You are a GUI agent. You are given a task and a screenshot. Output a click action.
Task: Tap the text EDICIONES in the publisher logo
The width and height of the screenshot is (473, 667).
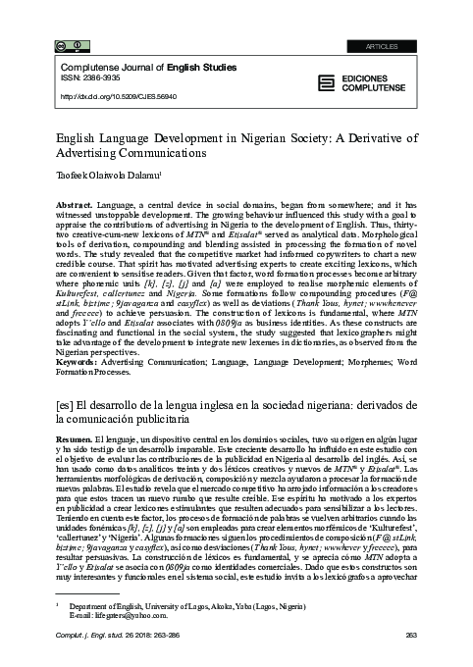373,78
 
